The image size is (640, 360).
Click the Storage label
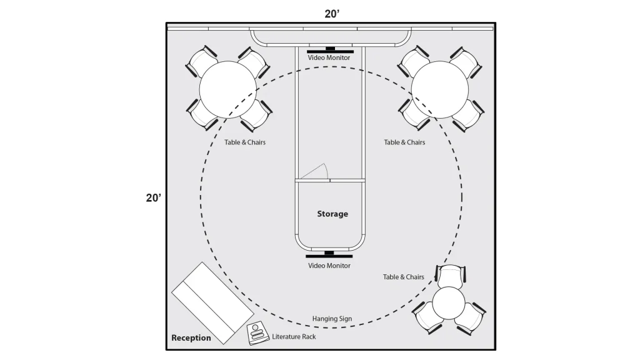[332, 214]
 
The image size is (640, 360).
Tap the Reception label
[191, 338]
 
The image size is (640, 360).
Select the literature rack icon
[257, 334]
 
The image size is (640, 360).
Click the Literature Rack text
[294, 337]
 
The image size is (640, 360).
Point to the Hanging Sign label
[332, 319]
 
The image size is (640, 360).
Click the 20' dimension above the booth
[332, 14]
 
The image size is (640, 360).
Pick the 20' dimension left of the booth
[154, 198]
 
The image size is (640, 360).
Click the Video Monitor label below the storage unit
[329, 266]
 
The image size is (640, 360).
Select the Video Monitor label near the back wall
[329, 58]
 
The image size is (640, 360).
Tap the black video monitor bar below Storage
[329, 256]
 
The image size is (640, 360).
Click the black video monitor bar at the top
[330, 51]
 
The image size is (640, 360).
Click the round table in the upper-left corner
[227, 89]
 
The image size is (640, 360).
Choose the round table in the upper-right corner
[439, 89]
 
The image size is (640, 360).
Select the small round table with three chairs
[449, 303]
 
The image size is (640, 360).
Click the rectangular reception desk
[212, 303]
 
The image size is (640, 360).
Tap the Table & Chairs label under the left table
[245, 142]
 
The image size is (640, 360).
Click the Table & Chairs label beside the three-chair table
[403, 277]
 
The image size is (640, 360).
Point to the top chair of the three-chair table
[450, 276]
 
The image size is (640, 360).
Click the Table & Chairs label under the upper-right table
[404, 142]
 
